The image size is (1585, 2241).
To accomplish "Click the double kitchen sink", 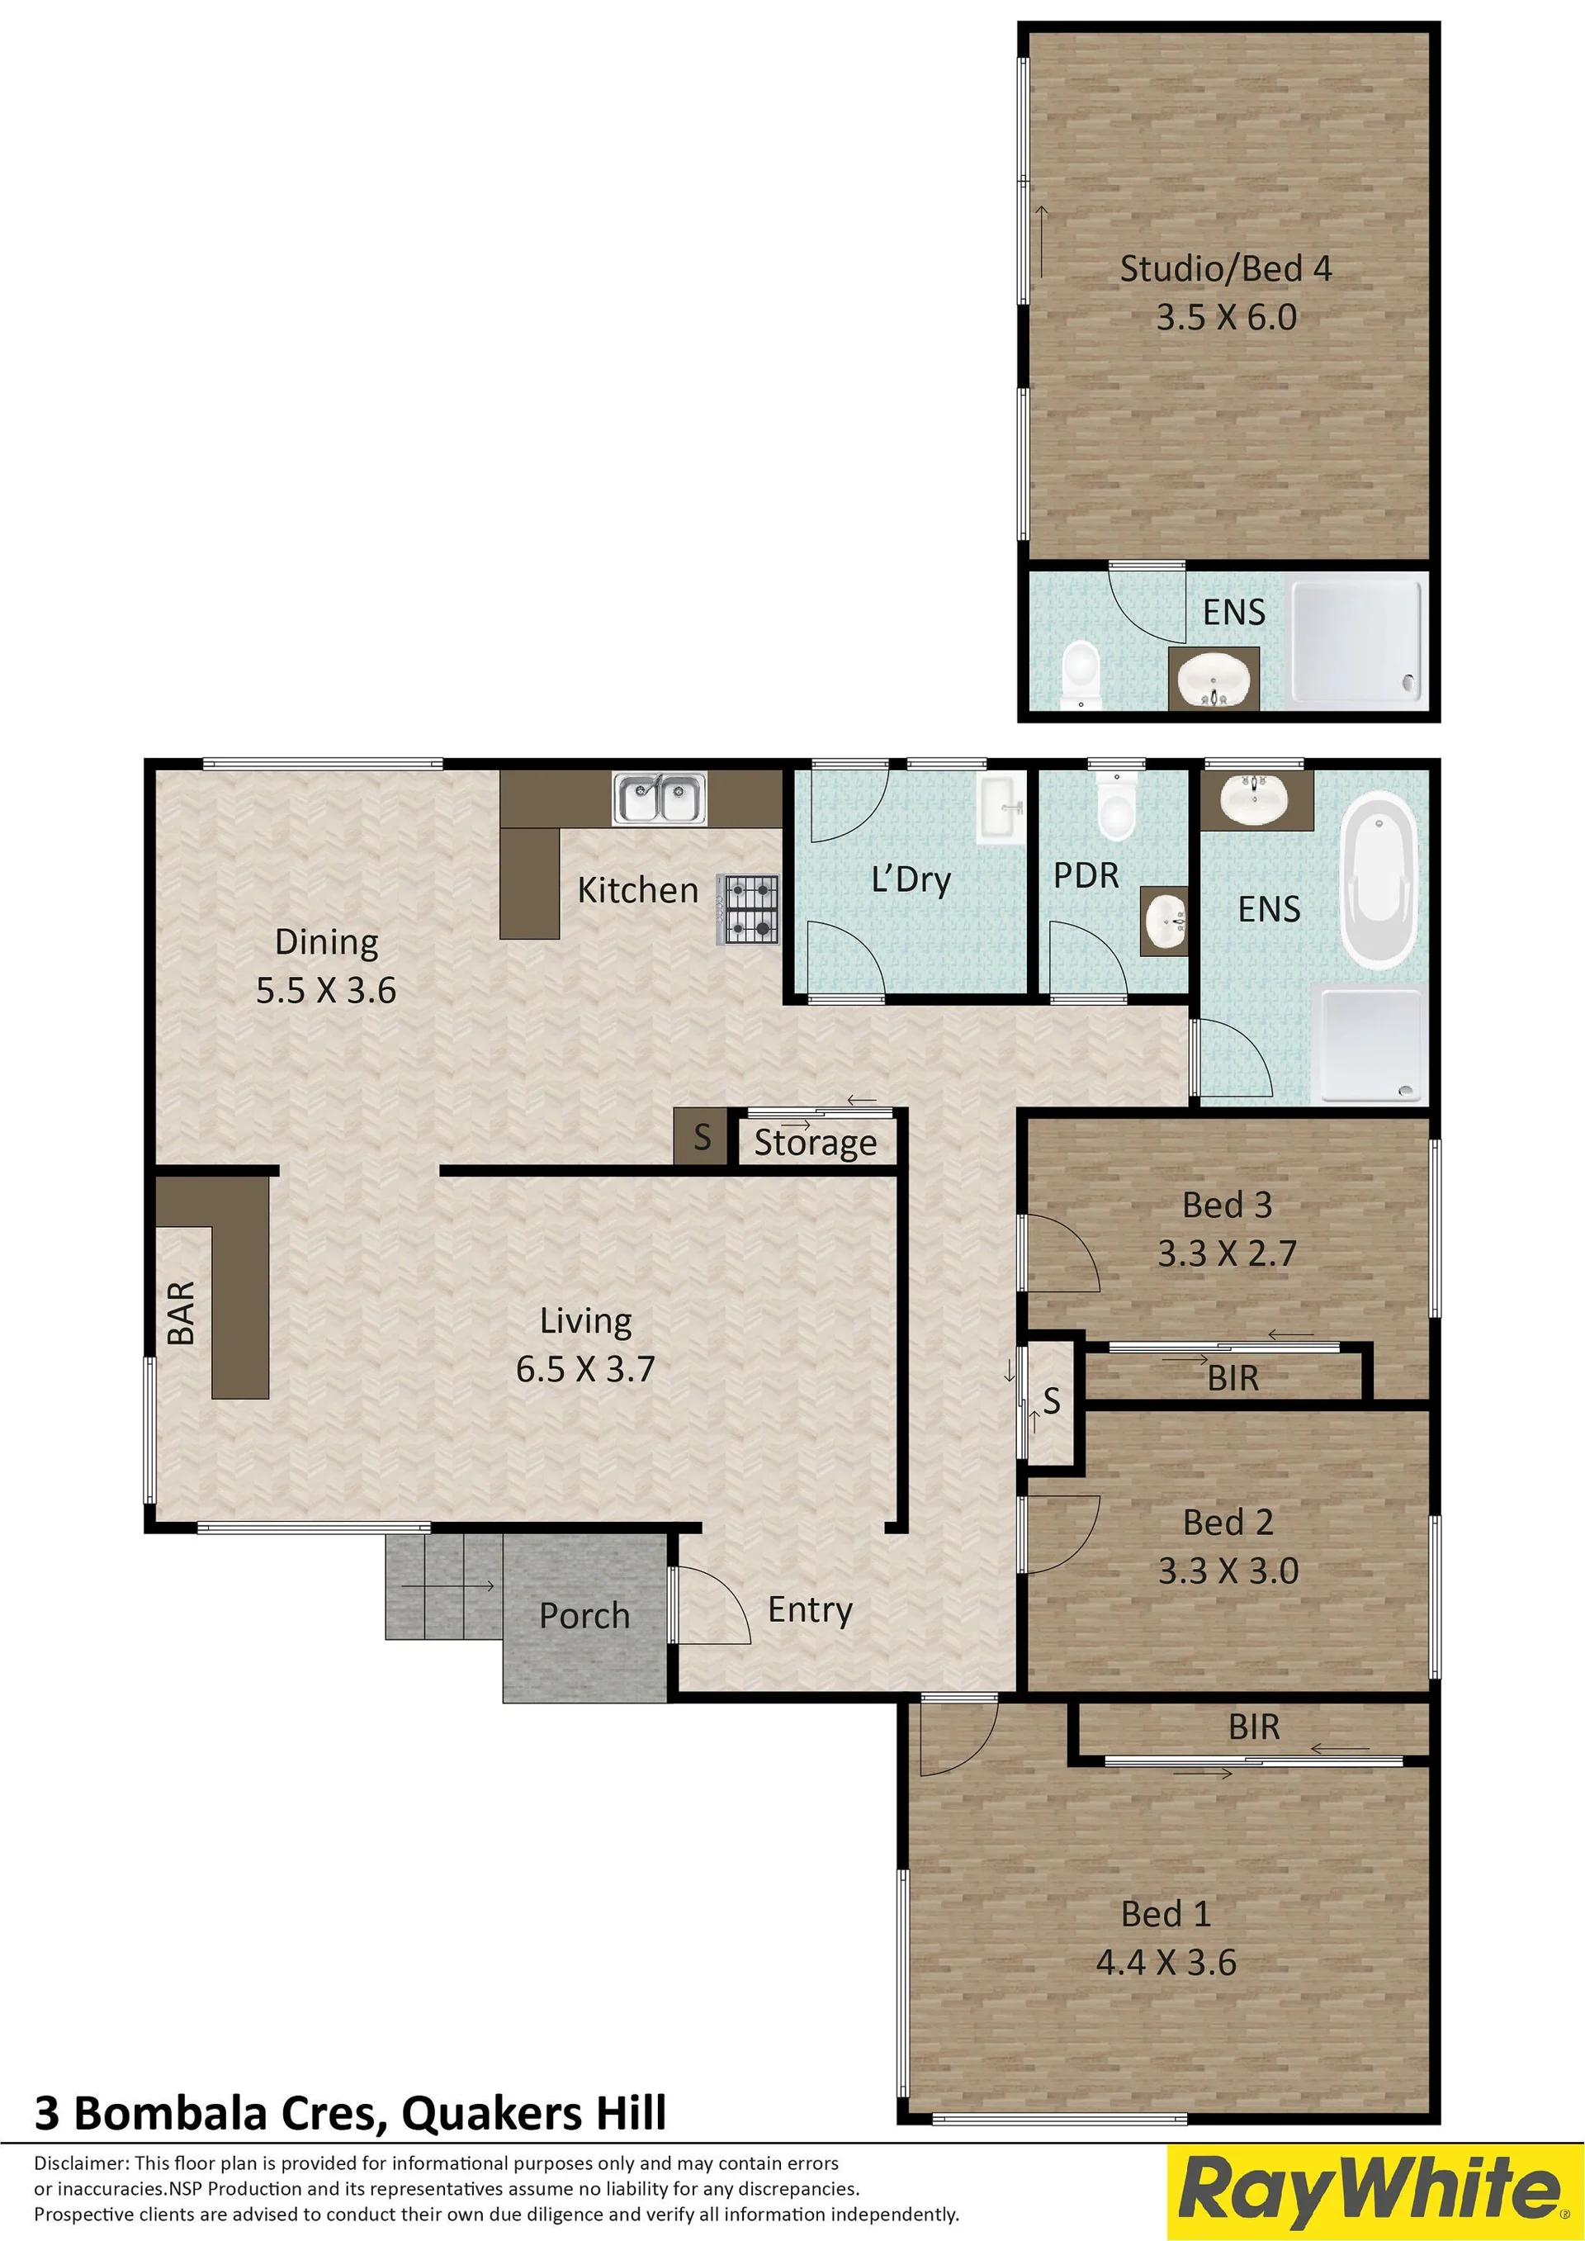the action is point(660,798).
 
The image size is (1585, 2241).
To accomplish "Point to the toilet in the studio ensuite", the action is point(1080,675).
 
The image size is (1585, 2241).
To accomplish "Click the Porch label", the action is point(584,1615).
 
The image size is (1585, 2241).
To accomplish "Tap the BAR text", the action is point(182,1313).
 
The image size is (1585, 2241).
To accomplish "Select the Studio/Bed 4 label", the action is point(1225,268).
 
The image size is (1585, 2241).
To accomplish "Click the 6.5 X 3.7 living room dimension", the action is point(584,1368).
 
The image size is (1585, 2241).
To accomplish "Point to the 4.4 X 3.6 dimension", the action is point(1166,1962).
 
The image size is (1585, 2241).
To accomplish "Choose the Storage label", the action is point(815,1143).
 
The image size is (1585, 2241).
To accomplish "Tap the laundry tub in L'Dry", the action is point(1002,808).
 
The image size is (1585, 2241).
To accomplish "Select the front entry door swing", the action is point(712,1604).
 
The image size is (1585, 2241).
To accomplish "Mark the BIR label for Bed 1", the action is point(1253,1727).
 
